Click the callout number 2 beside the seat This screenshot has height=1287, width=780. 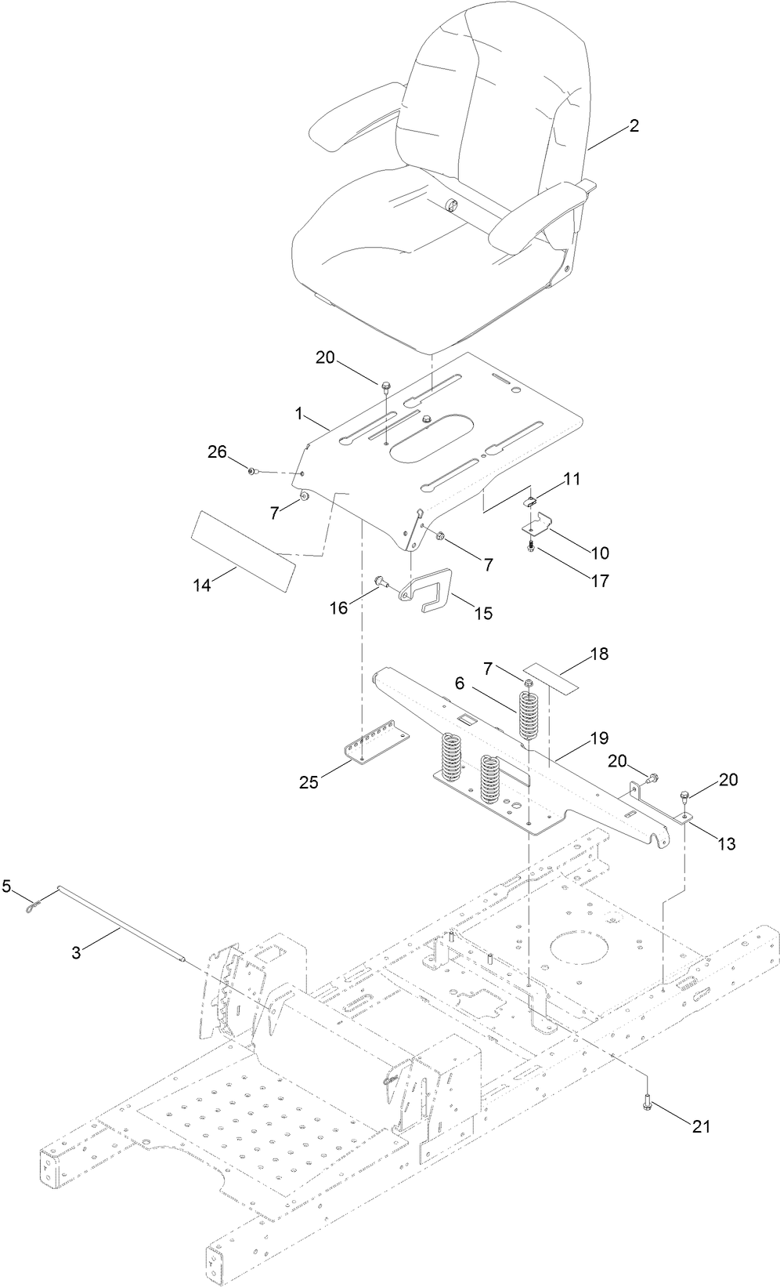tap(634, 125)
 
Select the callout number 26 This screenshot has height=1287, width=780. tap(217, 451)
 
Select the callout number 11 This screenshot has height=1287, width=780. tap(572, 479)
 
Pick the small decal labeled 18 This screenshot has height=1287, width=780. tap(553, 676)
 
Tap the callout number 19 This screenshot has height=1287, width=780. tap(599, 738)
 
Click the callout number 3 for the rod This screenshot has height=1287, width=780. tap(76, 952)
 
